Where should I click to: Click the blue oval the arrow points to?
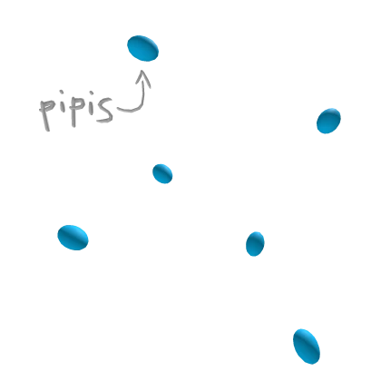click(142, 48)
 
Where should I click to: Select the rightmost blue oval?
click(328, 121)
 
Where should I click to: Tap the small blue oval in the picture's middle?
click(162, 173)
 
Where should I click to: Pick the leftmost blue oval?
click(73, 238)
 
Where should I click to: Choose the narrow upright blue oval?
click(255, 244)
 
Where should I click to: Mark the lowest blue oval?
click(307, 347)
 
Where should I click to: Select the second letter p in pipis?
click(76, 109)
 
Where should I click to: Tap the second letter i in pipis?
click(90, 106)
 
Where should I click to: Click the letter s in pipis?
click(104, 110)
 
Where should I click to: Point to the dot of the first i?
click(62, 92)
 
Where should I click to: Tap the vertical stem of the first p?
click(44, 116)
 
